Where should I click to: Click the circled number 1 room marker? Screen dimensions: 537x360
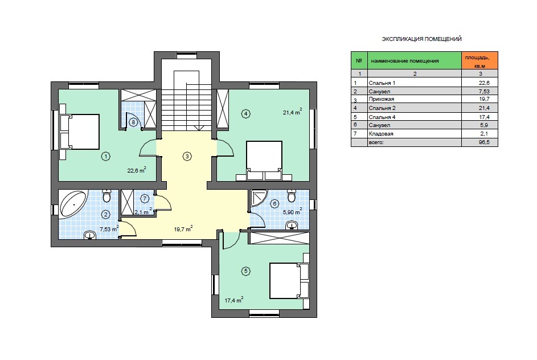(106, 157)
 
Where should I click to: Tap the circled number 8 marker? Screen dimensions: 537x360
(133, 122)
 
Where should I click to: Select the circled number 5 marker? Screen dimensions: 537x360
(245, 271)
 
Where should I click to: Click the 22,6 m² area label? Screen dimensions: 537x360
(137, 170)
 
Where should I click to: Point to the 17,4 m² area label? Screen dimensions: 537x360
(234, 300)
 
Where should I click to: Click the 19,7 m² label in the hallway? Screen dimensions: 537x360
(183, 229)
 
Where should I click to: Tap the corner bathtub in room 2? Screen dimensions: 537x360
(73, 204)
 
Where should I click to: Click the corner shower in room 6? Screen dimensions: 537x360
(259, 198)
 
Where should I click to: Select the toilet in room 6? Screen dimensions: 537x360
(292, 195)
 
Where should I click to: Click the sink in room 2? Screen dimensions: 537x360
(90, 235)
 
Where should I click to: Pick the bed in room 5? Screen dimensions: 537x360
(289, 281)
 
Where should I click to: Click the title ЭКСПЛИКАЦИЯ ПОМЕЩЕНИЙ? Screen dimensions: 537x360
(421, 39)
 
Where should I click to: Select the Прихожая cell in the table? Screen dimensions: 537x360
(382, 99)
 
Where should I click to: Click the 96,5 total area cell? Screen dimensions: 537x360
(484, 142)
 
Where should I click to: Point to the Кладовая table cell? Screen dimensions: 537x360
(381, 134)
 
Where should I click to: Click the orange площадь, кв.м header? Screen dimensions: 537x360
(480, 60)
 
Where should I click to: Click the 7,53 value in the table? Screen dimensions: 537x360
(484, 92)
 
